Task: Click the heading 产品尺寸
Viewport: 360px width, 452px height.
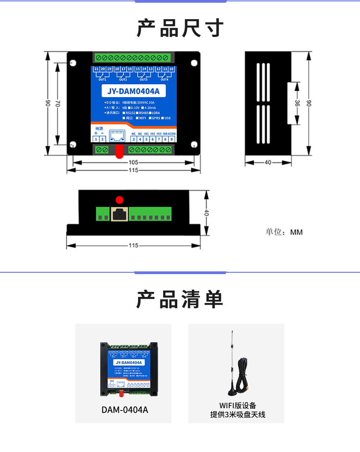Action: (x=180, y=28)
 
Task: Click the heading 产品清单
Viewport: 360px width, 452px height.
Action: (x=180, y=299)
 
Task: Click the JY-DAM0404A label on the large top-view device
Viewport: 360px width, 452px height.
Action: (x=134, y=91)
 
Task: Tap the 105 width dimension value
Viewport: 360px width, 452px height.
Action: (x=133, y=162)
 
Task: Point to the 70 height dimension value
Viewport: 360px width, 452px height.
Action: (x=58, y=104)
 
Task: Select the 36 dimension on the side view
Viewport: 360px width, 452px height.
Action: (x=297, y=104)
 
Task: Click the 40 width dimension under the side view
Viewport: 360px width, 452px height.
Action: (x=268, y=162)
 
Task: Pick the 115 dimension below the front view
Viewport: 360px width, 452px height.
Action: (x=133, y=245)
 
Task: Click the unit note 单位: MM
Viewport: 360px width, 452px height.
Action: (x=284, y=232)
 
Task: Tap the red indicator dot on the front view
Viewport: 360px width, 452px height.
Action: (x=119, y=199)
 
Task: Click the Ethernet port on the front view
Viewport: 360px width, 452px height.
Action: (x=119, y=214)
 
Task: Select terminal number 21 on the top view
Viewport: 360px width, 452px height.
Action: (x=96, y=69)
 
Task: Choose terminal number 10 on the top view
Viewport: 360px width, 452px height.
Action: (x=171, y=69)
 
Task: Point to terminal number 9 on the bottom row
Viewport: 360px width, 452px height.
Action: (x=171, y=139)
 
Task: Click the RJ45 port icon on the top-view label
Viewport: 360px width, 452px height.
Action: (x=118, y=135)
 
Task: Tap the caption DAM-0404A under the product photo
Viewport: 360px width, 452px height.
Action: (x=124, y=410)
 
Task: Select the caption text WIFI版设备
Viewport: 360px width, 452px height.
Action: (x=237, y=405)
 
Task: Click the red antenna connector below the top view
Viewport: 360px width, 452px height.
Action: (x=119, y=152)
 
